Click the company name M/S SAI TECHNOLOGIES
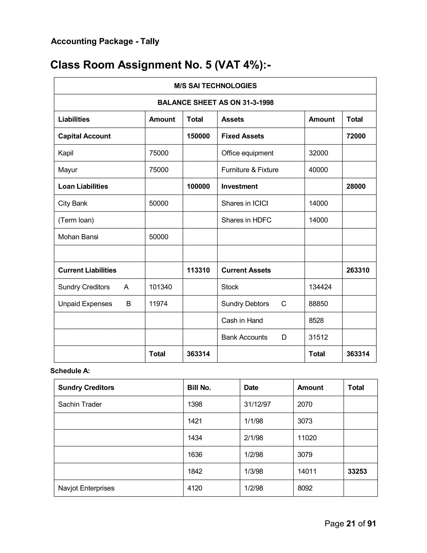215,86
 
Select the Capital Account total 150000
198,136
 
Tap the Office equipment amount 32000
318,153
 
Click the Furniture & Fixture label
250,170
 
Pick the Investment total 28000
356,186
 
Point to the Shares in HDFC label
246,220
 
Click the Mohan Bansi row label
78,237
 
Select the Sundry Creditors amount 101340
160,287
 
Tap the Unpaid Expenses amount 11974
158,304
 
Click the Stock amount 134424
320,287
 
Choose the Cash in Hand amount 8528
316,321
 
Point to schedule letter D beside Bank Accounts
284,337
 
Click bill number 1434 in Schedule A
195,438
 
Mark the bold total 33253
357,471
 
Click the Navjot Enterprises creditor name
86,488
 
